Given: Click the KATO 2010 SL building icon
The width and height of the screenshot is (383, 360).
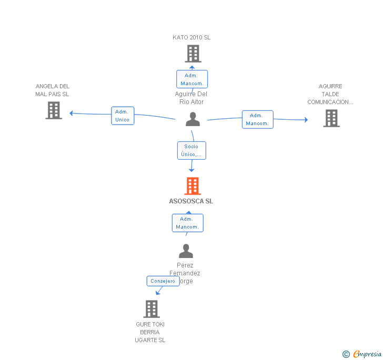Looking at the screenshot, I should point(193,54).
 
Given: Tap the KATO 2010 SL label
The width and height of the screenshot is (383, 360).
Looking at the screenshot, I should point(191,37).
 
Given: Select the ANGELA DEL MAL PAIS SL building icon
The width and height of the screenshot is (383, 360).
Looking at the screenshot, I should point(54,110).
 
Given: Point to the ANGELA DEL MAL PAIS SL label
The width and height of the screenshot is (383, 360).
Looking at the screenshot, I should point(52,90).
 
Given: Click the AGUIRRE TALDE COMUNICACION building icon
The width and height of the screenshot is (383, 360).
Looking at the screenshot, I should point(331,118).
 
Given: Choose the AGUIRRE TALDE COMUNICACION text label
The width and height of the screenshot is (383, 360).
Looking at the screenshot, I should point(330,94).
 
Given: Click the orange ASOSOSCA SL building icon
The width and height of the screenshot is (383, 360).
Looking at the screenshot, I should point(193,186).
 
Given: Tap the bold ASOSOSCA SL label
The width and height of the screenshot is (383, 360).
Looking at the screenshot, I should point(191,201).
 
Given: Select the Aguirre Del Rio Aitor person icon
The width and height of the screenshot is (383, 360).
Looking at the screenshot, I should point(193,119).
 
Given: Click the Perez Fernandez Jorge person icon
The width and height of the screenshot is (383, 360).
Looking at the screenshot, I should point(186,251).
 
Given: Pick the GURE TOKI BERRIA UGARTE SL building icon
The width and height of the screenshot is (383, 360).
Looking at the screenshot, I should point(152,309).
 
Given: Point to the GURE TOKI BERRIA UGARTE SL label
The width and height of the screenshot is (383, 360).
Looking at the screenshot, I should point(150,332).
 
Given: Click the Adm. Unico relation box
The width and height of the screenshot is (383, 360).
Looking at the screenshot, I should point(123,116).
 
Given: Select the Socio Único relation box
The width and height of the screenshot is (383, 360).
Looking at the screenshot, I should point(191,150).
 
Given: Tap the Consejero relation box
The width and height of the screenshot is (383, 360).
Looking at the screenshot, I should point(163,281).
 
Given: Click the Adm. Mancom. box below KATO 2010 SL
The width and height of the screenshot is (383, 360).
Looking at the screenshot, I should point(191,79).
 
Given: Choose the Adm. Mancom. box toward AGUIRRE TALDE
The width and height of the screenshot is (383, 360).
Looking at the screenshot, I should point(257,119).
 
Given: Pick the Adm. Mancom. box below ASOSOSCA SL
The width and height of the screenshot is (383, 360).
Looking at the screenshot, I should point(187,223).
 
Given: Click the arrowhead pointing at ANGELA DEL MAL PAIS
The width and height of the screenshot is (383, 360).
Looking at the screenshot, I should point(72,113).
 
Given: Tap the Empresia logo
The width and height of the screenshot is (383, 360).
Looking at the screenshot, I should point(362,354).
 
